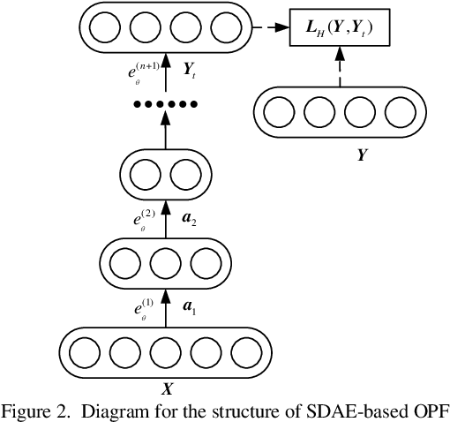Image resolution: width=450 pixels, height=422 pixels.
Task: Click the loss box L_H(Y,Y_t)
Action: pos(340,32)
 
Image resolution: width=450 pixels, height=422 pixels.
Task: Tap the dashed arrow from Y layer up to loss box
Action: pos(340,69)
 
